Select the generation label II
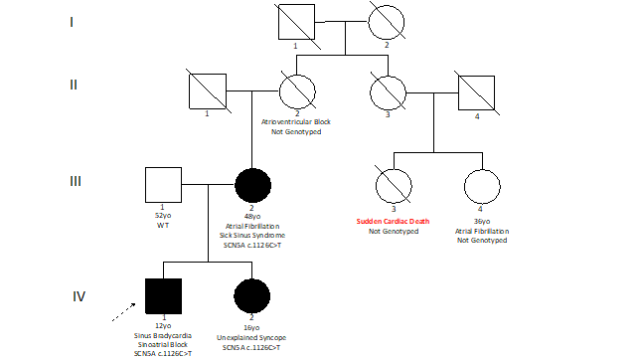click(x=74, y=84)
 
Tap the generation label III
click(x=76, y=181)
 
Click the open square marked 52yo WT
click(x=162, y=186)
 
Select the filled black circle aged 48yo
click(x=251, y=186)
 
